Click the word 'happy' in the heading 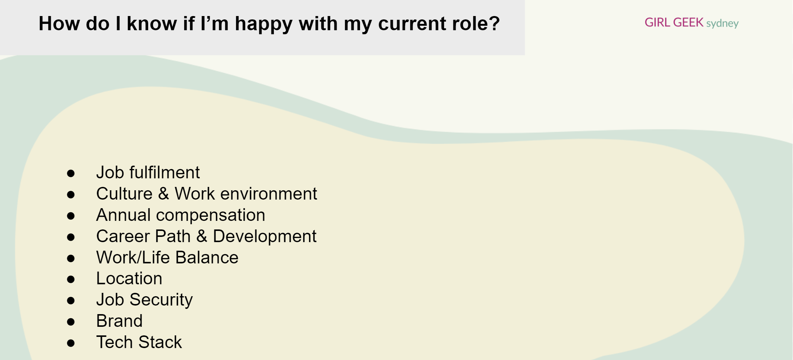[263, 24]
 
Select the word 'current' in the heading [412, 24]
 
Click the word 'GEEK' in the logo [688, 22]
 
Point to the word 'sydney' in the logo [722, 24]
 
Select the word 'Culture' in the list [124, 194]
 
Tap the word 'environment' [269, 194]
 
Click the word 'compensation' [210, 215]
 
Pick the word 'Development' [264, 236]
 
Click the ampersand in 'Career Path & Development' [202, 236]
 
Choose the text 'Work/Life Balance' [167, 257]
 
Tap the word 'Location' [129, 278]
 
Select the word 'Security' [161, 300]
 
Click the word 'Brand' [119, 321]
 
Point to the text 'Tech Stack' [139, 342]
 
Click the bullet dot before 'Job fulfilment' [71, 173]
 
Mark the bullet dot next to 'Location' [71, 279]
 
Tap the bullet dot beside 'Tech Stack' [71, 343]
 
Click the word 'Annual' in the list [123, 215]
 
